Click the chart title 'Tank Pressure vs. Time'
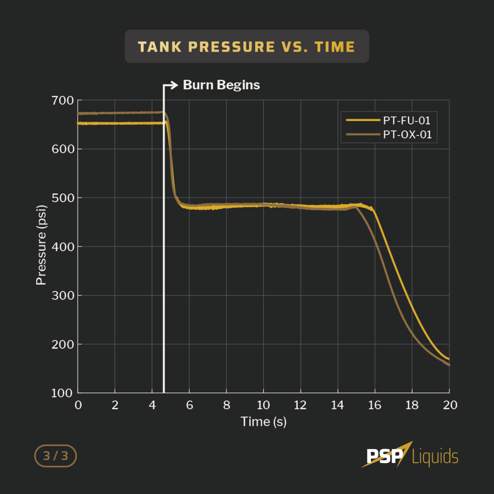247,47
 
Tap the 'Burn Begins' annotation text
221,85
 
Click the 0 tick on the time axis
78,405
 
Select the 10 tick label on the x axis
263,405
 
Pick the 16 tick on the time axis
375,405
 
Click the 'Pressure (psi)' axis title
41,247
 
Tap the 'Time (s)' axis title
263,422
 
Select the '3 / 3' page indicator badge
55,456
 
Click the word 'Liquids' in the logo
435,456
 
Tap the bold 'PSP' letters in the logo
384,456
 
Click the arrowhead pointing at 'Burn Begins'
175,85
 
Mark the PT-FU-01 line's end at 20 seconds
449,359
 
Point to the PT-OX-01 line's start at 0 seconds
79,113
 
